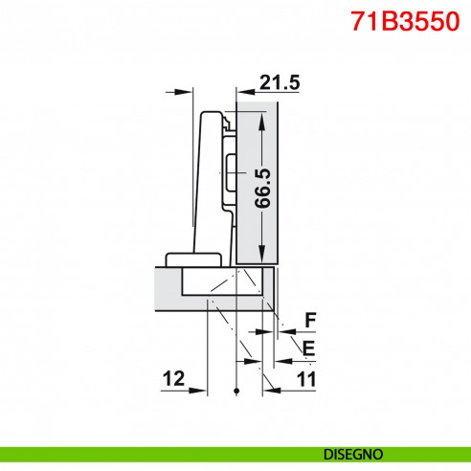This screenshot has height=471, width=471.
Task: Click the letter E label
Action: tap(308, 348)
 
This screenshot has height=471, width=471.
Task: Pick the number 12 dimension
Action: tap(172, 379)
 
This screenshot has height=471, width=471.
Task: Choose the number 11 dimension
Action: tap(306, 379)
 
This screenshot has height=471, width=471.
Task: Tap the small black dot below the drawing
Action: tap(235, 392)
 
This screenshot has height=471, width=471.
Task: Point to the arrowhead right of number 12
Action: tap(202, 390)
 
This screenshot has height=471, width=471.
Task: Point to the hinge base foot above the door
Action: tap(191, 258)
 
